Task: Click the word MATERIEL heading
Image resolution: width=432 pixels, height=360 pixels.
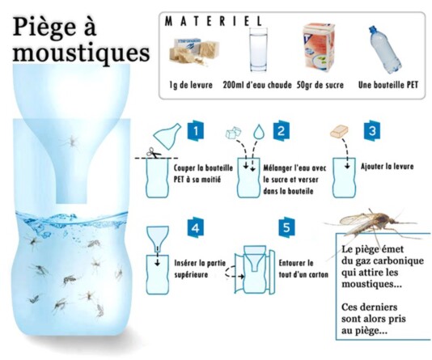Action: [x=214, y=21]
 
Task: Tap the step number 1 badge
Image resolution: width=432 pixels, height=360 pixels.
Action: [x=196, y=131]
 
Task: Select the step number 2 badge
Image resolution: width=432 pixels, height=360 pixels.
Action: [x=281, y=131]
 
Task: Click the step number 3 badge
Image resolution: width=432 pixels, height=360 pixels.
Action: [x=372, y=131]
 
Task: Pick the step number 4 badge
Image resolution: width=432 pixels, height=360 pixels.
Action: [x=195, y=228]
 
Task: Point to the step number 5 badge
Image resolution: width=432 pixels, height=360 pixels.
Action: [x=286, y=228]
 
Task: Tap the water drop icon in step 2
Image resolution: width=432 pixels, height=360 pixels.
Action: [x=259, y=131]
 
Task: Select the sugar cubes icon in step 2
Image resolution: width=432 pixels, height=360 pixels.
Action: [x=233, y=133]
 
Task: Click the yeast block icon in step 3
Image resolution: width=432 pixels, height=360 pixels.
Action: [x=339, y=131]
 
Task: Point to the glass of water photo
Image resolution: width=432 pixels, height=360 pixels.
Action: [x=258, y=49]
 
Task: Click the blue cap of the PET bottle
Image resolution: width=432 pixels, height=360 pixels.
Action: [x=372, y=29]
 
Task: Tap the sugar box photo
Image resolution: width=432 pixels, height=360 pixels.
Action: [x=319, y=47]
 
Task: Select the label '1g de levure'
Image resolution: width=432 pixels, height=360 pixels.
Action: [x=191, y=85]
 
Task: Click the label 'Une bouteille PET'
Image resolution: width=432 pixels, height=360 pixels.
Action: [x=388, y=85]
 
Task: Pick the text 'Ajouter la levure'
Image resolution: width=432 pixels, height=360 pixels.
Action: [x=387, y=167]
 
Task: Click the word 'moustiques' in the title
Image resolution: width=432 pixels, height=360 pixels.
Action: [x=81, y=53]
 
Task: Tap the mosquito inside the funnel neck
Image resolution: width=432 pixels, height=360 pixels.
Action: [x=71, y=142]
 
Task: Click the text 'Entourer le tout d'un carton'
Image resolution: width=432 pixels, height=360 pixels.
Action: [x=303, y=269]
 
